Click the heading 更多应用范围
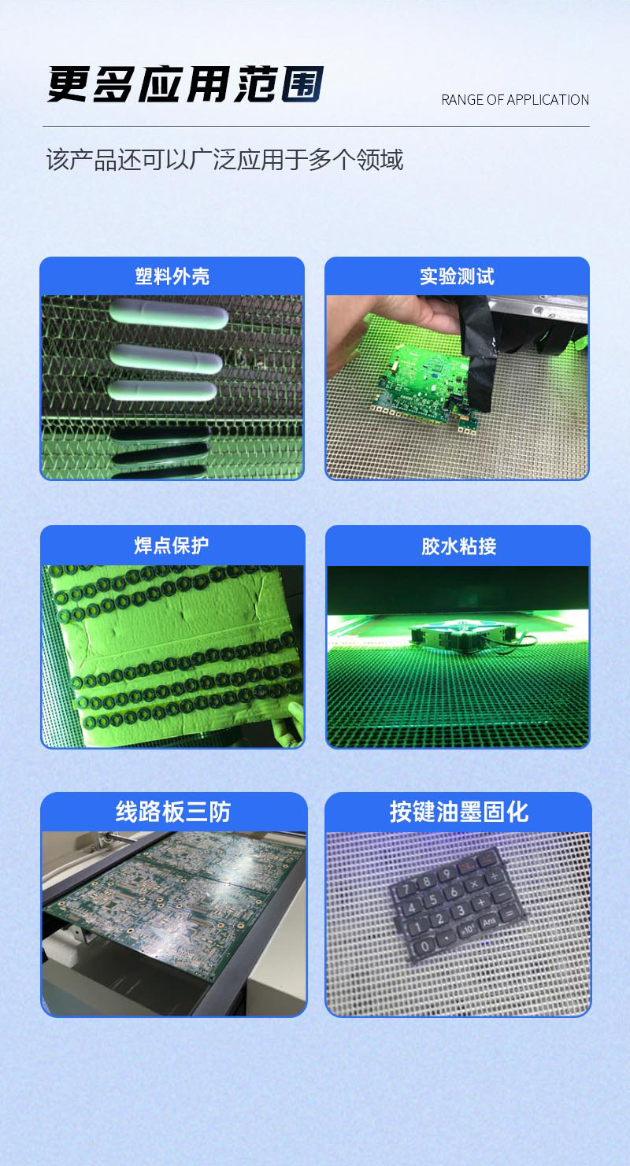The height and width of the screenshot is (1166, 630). (186, 84)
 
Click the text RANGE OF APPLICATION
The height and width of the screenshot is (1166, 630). (515, 100)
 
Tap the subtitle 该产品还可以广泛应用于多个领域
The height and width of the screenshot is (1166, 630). (224, 160)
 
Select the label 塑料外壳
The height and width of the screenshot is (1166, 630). (172, 276)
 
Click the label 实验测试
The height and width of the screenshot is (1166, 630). (457, 276)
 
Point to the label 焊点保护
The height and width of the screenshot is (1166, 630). (172, 545)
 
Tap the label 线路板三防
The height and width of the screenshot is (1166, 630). (173, 812)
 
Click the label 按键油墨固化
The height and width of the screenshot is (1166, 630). (458, 812)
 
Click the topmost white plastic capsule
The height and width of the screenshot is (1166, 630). (169, 316)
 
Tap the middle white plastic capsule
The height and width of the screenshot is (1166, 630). (165, 359)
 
